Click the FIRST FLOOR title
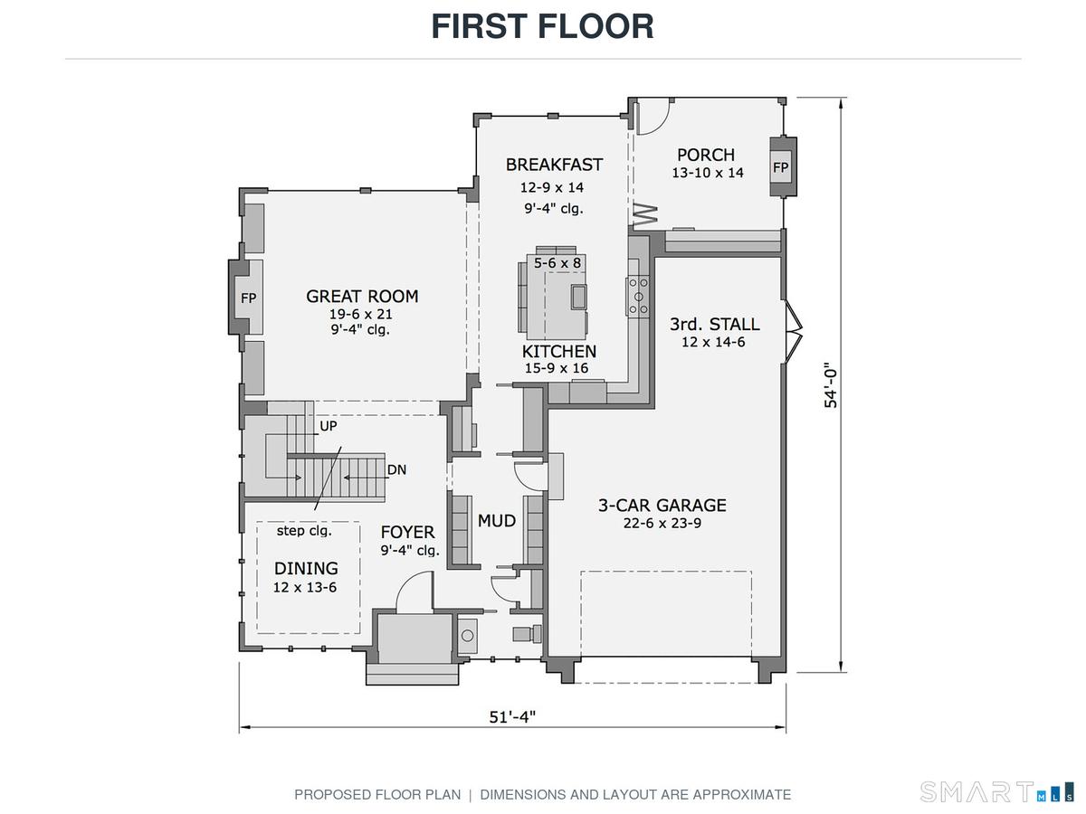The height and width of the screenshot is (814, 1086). pos(542,26)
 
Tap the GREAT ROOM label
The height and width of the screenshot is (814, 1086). pos(362,296)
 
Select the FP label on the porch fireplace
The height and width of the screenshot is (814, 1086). pos(780,167)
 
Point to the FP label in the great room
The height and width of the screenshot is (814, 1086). pos(248,298)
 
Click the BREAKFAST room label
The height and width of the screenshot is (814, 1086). pos(554,165)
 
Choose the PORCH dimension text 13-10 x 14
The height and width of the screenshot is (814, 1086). pos(708,173)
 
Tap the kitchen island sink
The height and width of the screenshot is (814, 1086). pos(579,297)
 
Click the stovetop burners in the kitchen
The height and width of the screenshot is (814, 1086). pos(638,297)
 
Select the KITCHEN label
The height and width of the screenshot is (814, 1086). pos(559,352)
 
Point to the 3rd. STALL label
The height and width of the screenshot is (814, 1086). pos(714,324)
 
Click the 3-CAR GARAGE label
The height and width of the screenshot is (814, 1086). pos(662,505)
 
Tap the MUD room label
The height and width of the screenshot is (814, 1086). pos(497,520)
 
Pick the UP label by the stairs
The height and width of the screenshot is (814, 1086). pos(329,426)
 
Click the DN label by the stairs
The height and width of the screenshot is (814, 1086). pos(396,469)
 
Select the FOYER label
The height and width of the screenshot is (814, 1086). pos(407,532)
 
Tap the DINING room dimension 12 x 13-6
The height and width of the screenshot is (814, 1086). pos(305,587)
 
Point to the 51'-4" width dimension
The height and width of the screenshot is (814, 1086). pos(512,716)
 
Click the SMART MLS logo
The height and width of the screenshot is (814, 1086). pos(997,791)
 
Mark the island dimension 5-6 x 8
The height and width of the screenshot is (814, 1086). pos(557,263)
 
